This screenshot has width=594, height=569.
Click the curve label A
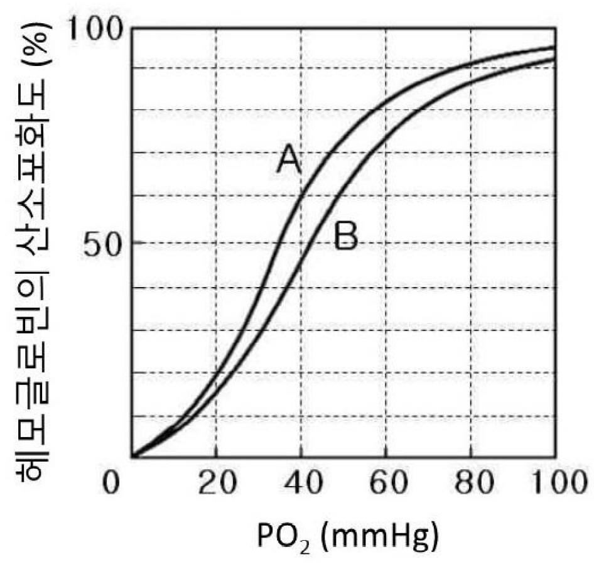pos(290,160)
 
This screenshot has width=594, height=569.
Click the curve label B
pos(345,238)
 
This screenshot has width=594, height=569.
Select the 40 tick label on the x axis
pos(300,486)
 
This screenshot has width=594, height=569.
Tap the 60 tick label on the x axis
pos(385,486)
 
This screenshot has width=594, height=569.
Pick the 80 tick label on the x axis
pos(470,486)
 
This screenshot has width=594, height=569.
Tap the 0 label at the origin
pos(111,486)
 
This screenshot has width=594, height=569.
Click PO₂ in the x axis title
pos(281,539)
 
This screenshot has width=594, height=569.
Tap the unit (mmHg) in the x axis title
pos(370,538)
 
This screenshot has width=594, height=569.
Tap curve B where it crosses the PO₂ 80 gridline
pos(470,82)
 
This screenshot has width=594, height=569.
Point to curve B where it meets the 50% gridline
pos(306,243)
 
